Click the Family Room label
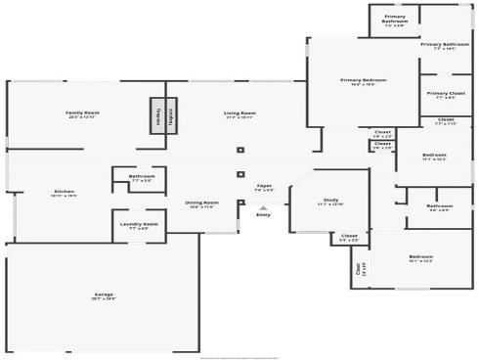tap(82, 114)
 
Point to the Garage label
tap(104, 296)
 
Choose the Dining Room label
tap(202, 204)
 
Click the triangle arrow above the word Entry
tap(262, 206)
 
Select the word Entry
tap(263, 215)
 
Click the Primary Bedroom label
tap(363, 81)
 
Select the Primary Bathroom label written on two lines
tap(394, 20)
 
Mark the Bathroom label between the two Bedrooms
tap(439, 207)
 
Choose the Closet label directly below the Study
tap(349, 237)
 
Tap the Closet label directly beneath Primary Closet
tap(445, 121)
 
